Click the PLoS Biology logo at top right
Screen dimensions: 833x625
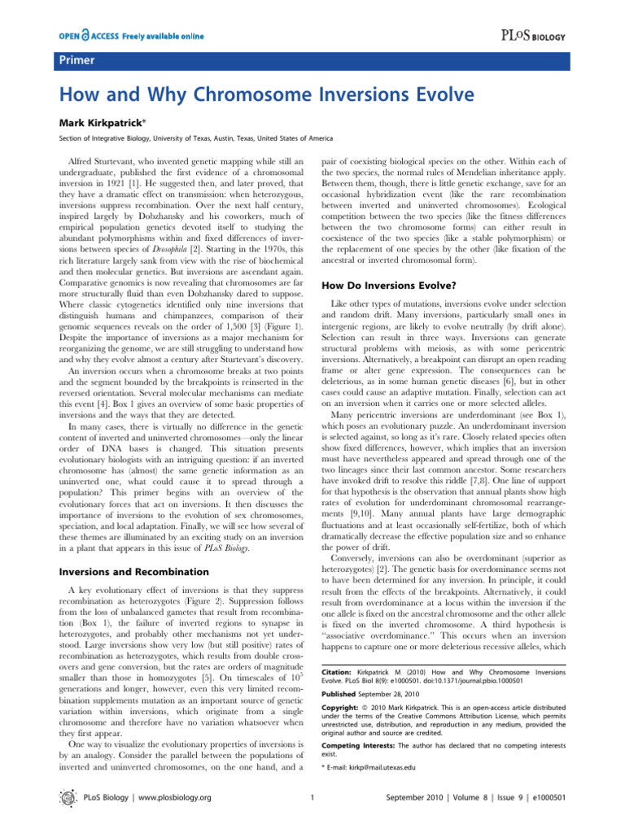[569, 37]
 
